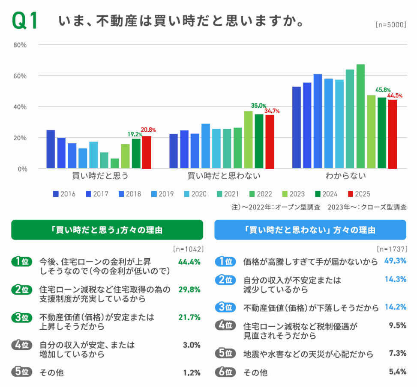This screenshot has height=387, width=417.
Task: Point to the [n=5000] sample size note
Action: point(390,25)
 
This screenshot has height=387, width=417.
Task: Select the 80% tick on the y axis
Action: point(21,45)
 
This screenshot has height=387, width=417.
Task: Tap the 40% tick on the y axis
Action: point(21,106)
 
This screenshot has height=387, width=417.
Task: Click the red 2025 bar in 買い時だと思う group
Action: point(147,152)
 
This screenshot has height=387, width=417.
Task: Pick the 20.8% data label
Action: point(148,130)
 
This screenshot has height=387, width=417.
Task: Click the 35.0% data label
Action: point(258,105)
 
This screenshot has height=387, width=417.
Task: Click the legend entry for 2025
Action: point(358,194)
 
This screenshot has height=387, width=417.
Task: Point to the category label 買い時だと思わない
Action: point(224,176)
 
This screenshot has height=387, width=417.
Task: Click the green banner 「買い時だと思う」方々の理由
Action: point(107,230)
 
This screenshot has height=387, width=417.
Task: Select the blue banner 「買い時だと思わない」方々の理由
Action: point(310,230)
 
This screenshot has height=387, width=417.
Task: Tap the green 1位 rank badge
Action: point(21,262)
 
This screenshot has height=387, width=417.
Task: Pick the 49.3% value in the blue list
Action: point(395,261)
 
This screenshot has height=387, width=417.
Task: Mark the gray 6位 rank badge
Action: point(225,372)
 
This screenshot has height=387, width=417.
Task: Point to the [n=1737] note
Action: point(391,248)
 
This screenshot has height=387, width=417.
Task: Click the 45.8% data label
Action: point(383,90)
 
